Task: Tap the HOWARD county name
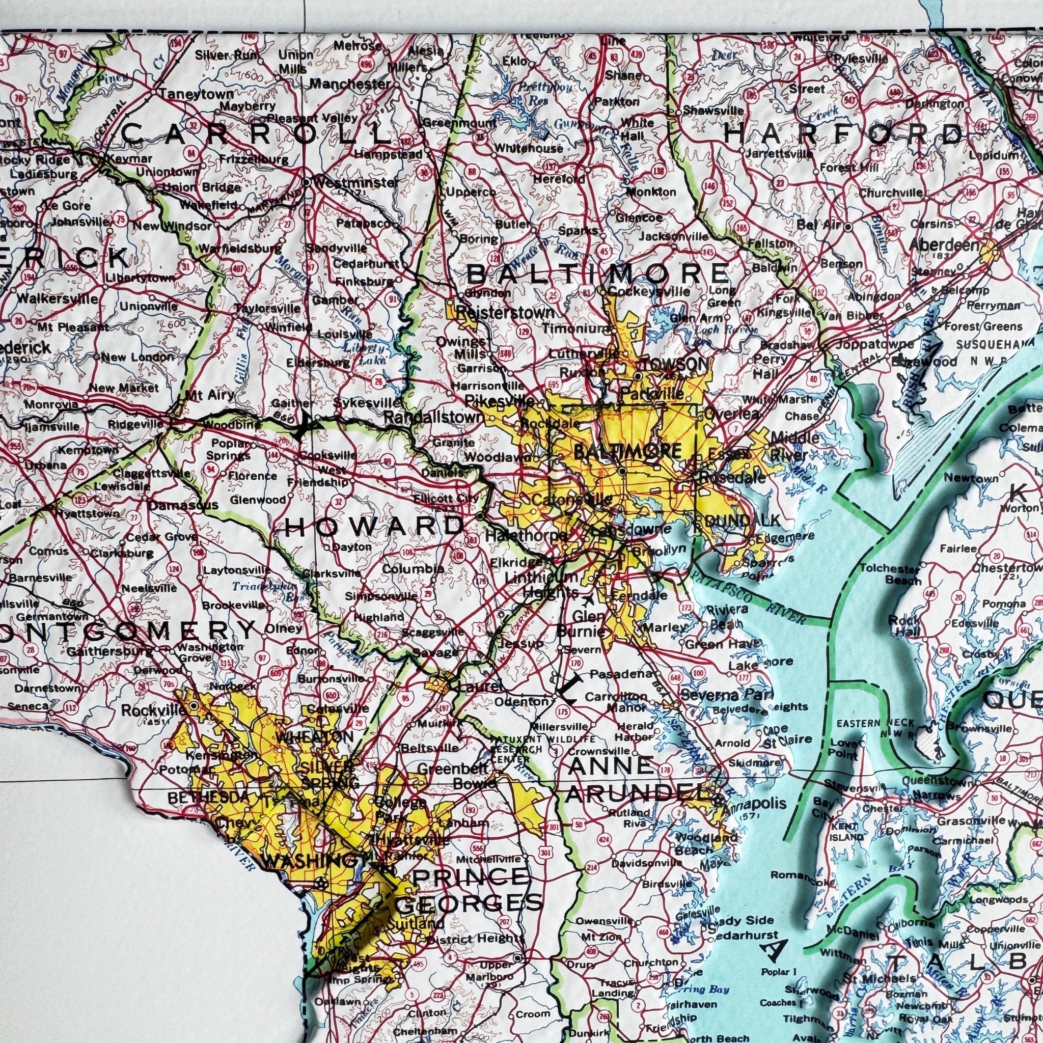click(374, 525)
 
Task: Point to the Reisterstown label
click(505, 312)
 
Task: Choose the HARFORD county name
click(843, 134)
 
